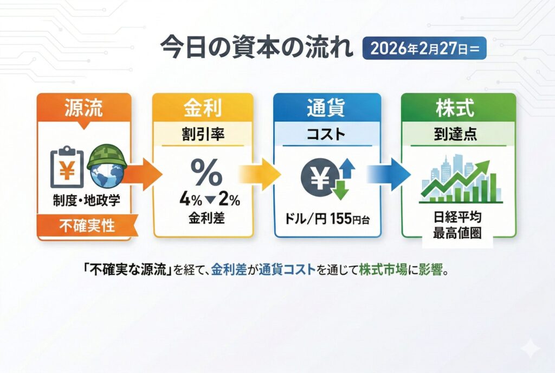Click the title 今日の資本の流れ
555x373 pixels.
(256, 47)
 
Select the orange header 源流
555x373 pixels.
(83, 108)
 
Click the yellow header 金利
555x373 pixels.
(203, 108)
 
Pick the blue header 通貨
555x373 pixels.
(327, 108)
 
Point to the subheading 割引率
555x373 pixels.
(203, 135)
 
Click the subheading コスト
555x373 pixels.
(327, 135)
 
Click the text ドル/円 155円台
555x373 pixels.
(327, 222)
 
